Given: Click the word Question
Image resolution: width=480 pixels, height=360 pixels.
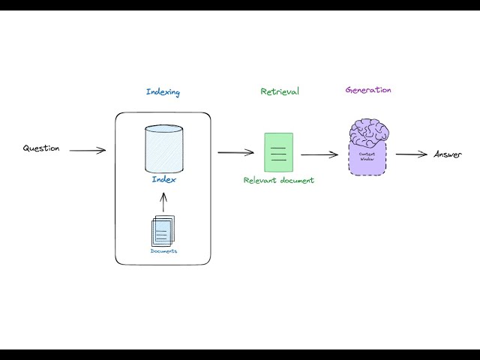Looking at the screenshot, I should pyautogui.click(x=40, y=148).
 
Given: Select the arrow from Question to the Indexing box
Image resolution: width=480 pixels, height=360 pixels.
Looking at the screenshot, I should pyautogui.click(x=88, y=151).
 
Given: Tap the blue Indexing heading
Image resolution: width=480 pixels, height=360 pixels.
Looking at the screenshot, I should pyautogui.click(x=163, y=92).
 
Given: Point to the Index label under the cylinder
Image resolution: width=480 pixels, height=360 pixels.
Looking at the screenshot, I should pyautogui.click(x=163, y=180).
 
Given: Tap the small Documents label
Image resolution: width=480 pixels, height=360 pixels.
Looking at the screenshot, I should pyautogui.click(x=163, y=251).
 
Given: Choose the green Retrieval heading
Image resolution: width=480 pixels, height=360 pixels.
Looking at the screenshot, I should pyautogui.click(x=279, y=91).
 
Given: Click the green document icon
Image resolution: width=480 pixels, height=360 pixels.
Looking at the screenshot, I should pyautogui.click(x=278, y=152).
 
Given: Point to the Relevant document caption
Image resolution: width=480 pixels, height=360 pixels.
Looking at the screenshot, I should pyautogui.click(x=278, y=181).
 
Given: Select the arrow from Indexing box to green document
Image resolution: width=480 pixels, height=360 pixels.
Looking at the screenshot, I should pyautogui.click(x=235, y=152).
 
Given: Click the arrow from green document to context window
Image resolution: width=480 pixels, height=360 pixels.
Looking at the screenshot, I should pyautogui.click(x=319, y=155).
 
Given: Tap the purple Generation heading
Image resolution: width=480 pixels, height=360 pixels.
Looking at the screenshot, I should pyautogui.click(x=368, y=90).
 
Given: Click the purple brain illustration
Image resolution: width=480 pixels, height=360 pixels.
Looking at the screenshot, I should pyautogui.click(x=367, y=133).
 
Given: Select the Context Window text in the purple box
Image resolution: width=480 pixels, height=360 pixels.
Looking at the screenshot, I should pyautogui.click(x=367, y=155).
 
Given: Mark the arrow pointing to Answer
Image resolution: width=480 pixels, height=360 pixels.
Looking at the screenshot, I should pyautogui.click(x=412, y=154).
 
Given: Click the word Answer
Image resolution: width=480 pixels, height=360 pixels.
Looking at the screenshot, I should pyautogui.click(x=448, y=154).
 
